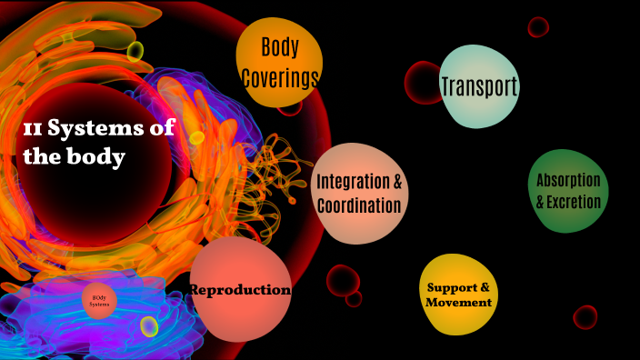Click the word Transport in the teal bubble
(x=479, y=86)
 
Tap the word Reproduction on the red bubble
(x=240, y=290)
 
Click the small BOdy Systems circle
(x=100, y=300)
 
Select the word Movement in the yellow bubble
(x=459, y=302)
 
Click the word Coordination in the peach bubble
(x=359, y=205)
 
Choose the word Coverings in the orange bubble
(x=280, y=77)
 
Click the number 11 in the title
(x=32, y=130)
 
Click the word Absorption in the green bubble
(x=568, y=180)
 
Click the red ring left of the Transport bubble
(x=422, y=83)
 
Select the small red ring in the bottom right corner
(x=585, y=317)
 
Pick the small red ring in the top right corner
(x=538, y=27)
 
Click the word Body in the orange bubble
(x=280, y=47)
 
